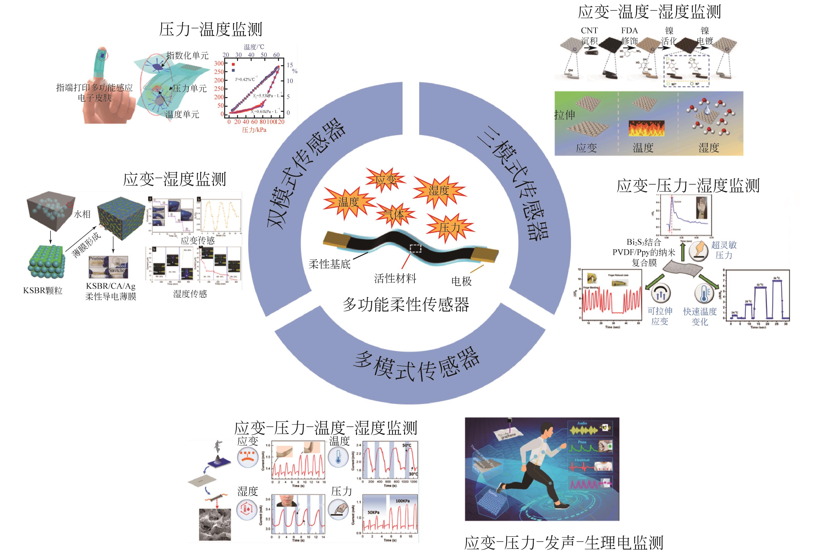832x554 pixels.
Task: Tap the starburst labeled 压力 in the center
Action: (x=449, y=227)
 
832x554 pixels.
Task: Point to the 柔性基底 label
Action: (x=329, y=264)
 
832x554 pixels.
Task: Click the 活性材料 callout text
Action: (x=395, y=279)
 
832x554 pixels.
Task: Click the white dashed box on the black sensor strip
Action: (x=416, y=249)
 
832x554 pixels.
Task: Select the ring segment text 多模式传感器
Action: (x=416, y=367)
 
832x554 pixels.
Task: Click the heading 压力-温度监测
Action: (x=211, y=29)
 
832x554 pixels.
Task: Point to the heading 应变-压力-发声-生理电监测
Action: (x=564, y=543)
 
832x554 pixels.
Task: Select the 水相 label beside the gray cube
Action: (x=82, y=214)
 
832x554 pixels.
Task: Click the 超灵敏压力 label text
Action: (x=724, y=250)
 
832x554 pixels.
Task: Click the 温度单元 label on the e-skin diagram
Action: (x=182, y=114)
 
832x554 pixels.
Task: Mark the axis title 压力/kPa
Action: (x=254, y=130)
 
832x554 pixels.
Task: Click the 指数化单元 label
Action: (x=187, y=55)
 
